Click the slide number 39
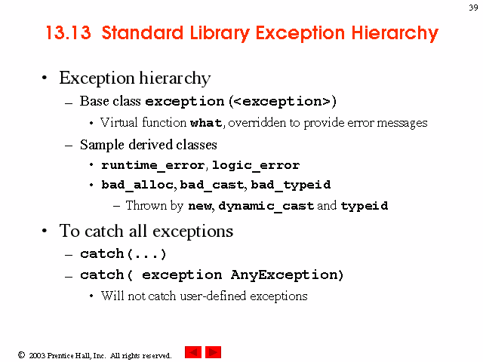(473, 8)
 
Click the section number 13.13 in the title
(69, 32)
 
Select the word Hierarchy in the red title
(395, 33)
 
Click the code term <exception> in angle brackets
(281, 102)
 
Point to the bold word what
(206, 123)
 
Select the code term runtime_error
(152, 165)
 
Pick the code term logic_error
(256, 165)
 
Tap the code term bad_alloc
(137, 185)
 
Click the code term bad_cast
(212, 185)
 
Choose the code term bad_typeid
(291, 185)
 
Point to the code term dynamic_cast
(266, 206)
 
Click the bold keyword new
(200, 206)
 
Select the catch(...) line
(123, 254)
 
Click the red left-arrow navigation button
(193, 352)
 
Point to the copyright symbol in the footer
(21, 355)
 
